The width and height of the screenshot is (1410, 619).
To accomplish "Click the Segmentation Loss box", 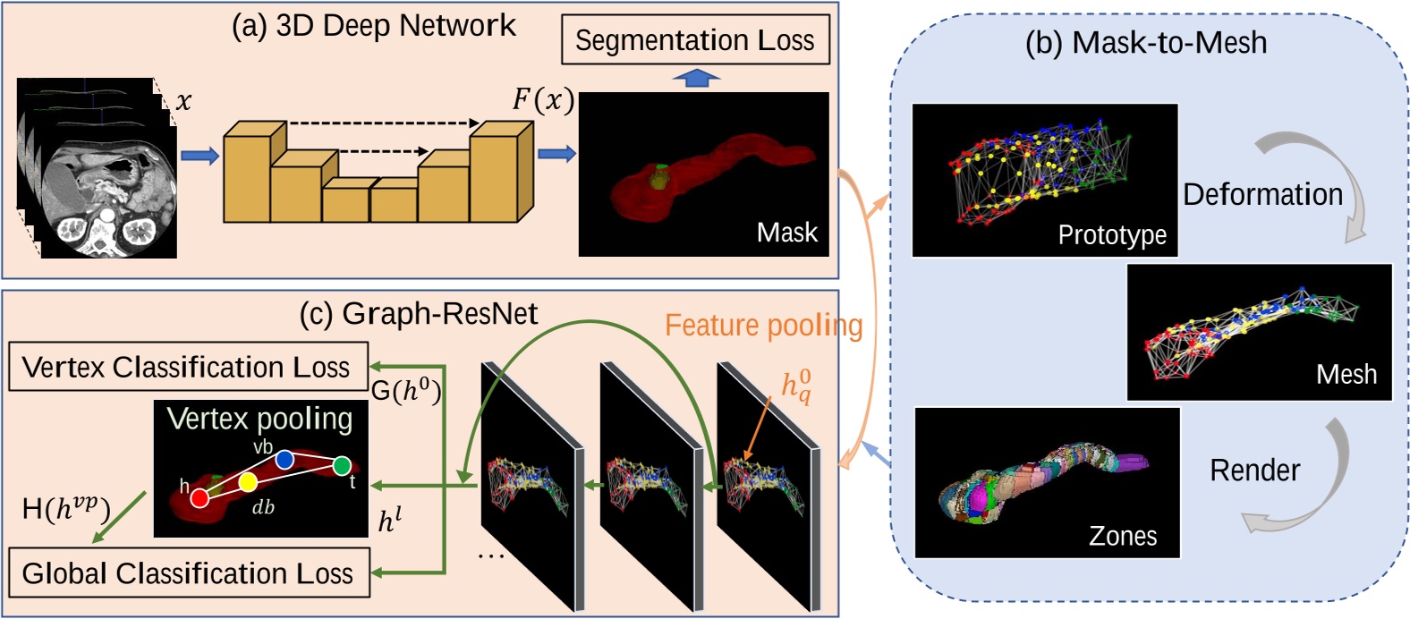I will [695, 40].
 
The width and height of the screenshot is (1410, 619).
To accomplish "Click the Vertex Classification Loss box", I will [187, 367].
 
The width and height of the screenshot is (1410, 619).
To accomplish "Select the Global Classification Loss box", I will [188, 573].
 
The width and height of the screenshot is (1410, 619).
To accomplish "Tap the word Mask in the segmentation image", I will [786, 233].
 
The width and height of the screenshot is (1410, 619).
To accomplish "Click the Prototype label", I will [1112, 235].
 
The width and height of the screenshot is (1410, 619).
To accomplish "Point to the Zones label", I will [1123, 536].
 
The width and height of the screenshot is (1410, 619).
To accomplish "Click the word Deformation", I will [1262, 194].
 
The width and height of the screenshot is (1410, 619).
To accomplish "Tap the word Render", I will [1254, 471].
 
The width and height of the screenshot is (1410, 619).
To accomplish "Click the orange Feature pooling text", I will [763, 326].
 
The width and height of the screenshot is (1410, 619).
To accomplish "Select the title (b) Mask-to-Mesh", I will [1145, 42].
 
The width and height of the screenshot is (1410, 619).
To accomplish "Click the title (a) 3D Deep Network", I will [373, 25].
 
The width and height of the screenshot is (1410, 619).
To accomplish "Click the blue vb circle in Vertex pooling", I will [285, 460].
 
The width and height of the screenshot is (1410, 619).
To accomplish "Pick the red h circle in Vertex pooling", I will [200, 497].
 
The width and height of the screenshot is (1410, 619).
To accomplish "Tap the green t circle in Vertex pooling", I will [341, 465].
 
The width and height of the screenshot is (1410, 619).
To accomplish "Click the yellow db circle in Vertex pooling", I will [248, 483].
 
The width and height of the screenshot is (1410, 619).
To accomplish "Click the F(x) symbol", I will [542, 99].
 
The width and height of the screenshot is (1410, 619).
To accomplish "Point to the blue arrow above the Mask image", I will [695, 79].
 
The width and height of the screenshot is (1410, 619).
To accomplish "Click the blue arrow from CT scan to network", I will [200, 157].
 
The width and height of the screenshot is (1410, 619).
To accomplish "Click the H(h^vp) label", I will [65, 510].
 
